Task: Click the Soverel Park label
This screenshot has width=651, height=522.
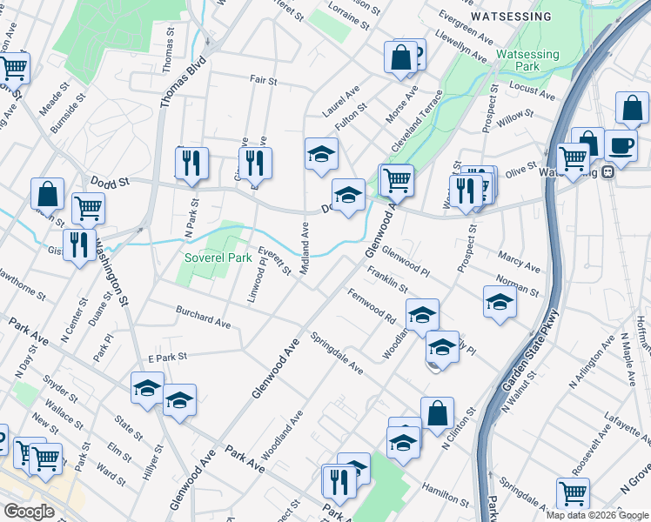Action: tap(218, 258)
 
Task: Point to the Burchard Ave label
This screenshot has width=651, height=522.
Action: tap(203, 315)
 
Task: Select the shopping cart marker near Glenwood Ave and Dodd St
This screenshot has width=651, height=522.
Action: tap(397, 179)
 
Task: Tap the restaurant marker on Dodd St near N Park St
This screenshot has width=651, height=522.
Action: tap(191, 163)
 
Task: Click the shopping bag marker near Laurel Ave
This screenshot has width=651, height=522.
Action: tap(400, 58)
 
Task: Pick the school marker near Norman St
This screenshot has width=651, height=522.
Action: tap(500, 302)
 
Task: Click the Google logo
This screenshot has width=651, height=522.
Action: tap(29, 512)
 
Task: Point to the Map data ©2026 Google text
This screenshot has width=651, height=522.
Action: tap(596, 515)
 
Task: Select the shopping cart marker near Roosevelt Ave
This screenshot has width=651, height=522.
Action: tap(574, 493)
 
